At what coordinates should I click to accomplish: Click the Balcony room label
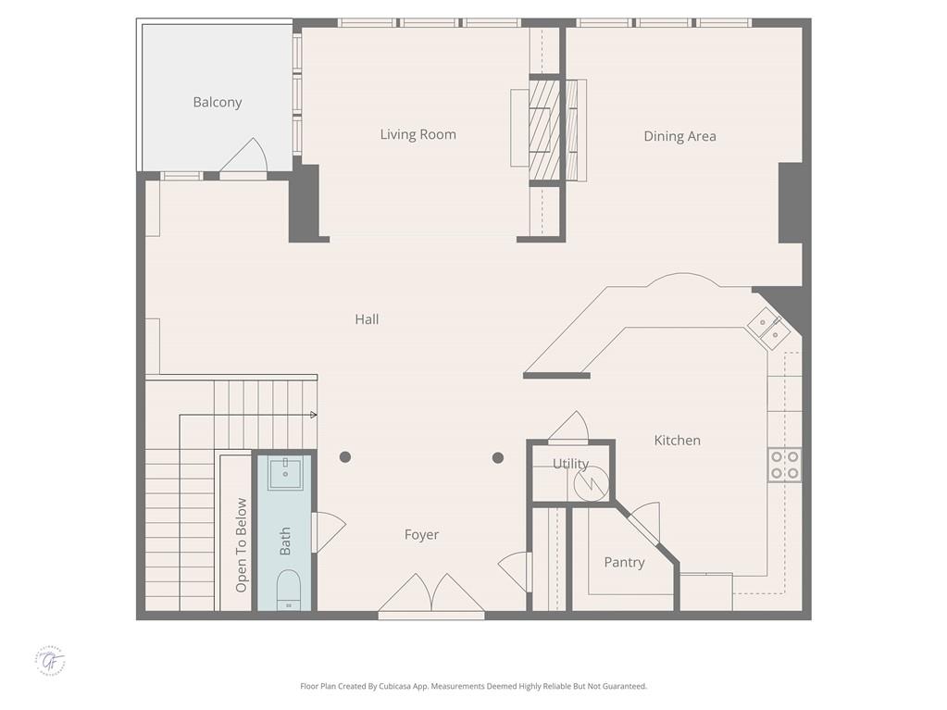218,103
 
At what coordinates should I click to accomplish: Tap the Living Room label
417,134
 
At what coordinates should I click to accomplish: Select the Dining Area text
679,136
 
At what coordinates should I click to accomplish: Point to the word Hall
367,319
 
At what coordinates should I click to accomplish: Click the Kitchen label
677,441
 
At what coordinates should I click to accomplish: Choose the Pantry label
624,562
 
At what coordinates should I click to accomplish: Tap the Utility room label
570,464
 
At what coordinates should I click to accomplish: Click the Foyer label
421,534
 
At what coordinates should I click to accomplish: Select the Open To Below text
242,545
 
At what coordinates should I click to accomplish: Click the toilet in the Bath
288,590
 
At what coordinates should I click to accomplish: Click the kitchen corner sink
767,326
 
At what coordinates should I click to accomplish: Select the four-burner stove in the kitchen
784,465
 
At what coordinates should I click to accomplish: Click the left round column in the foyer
345,456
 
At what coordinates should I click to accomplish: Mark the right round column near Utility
498,457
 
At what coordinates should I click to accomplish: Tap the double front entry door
431,595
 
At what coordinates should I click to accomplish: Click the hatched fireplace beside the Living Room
545,130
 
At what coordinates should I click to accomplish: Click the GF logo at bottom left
51,661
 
